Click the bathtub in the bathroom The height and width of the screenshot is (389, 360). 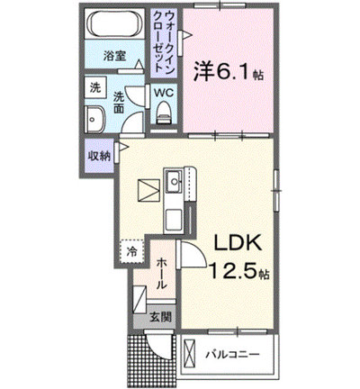click(114, 23)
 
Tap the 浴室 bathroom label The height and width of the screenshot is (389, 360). click(114, 56)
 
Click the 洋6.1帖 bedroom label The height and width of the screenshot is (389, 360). click(228, 71)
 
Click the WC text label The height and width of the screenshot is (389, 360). click(164, 93)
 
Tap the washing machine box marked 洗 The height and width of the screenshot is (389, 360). click(95, 87)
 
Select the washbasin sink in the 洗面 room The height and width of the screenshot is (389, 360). click(94, 119)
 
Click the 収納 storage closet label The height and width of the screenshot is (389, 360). click(99, 156)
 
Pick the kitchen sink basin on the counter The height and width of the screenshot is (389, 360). click(174, 182)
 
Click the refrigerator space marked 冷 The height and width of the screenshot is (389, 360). click(131, 251)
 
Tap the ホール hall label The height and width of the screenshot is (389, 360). click(162, 273)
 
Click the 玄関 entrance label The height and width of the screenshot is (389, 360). click(161, 317)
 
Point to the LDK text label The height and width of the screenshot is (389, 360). click(238, 243)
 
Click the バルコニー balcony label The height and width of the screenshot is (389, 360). click(232, 355)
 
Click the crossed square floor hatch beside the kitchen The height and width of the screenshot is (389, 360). click(148, 190)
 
